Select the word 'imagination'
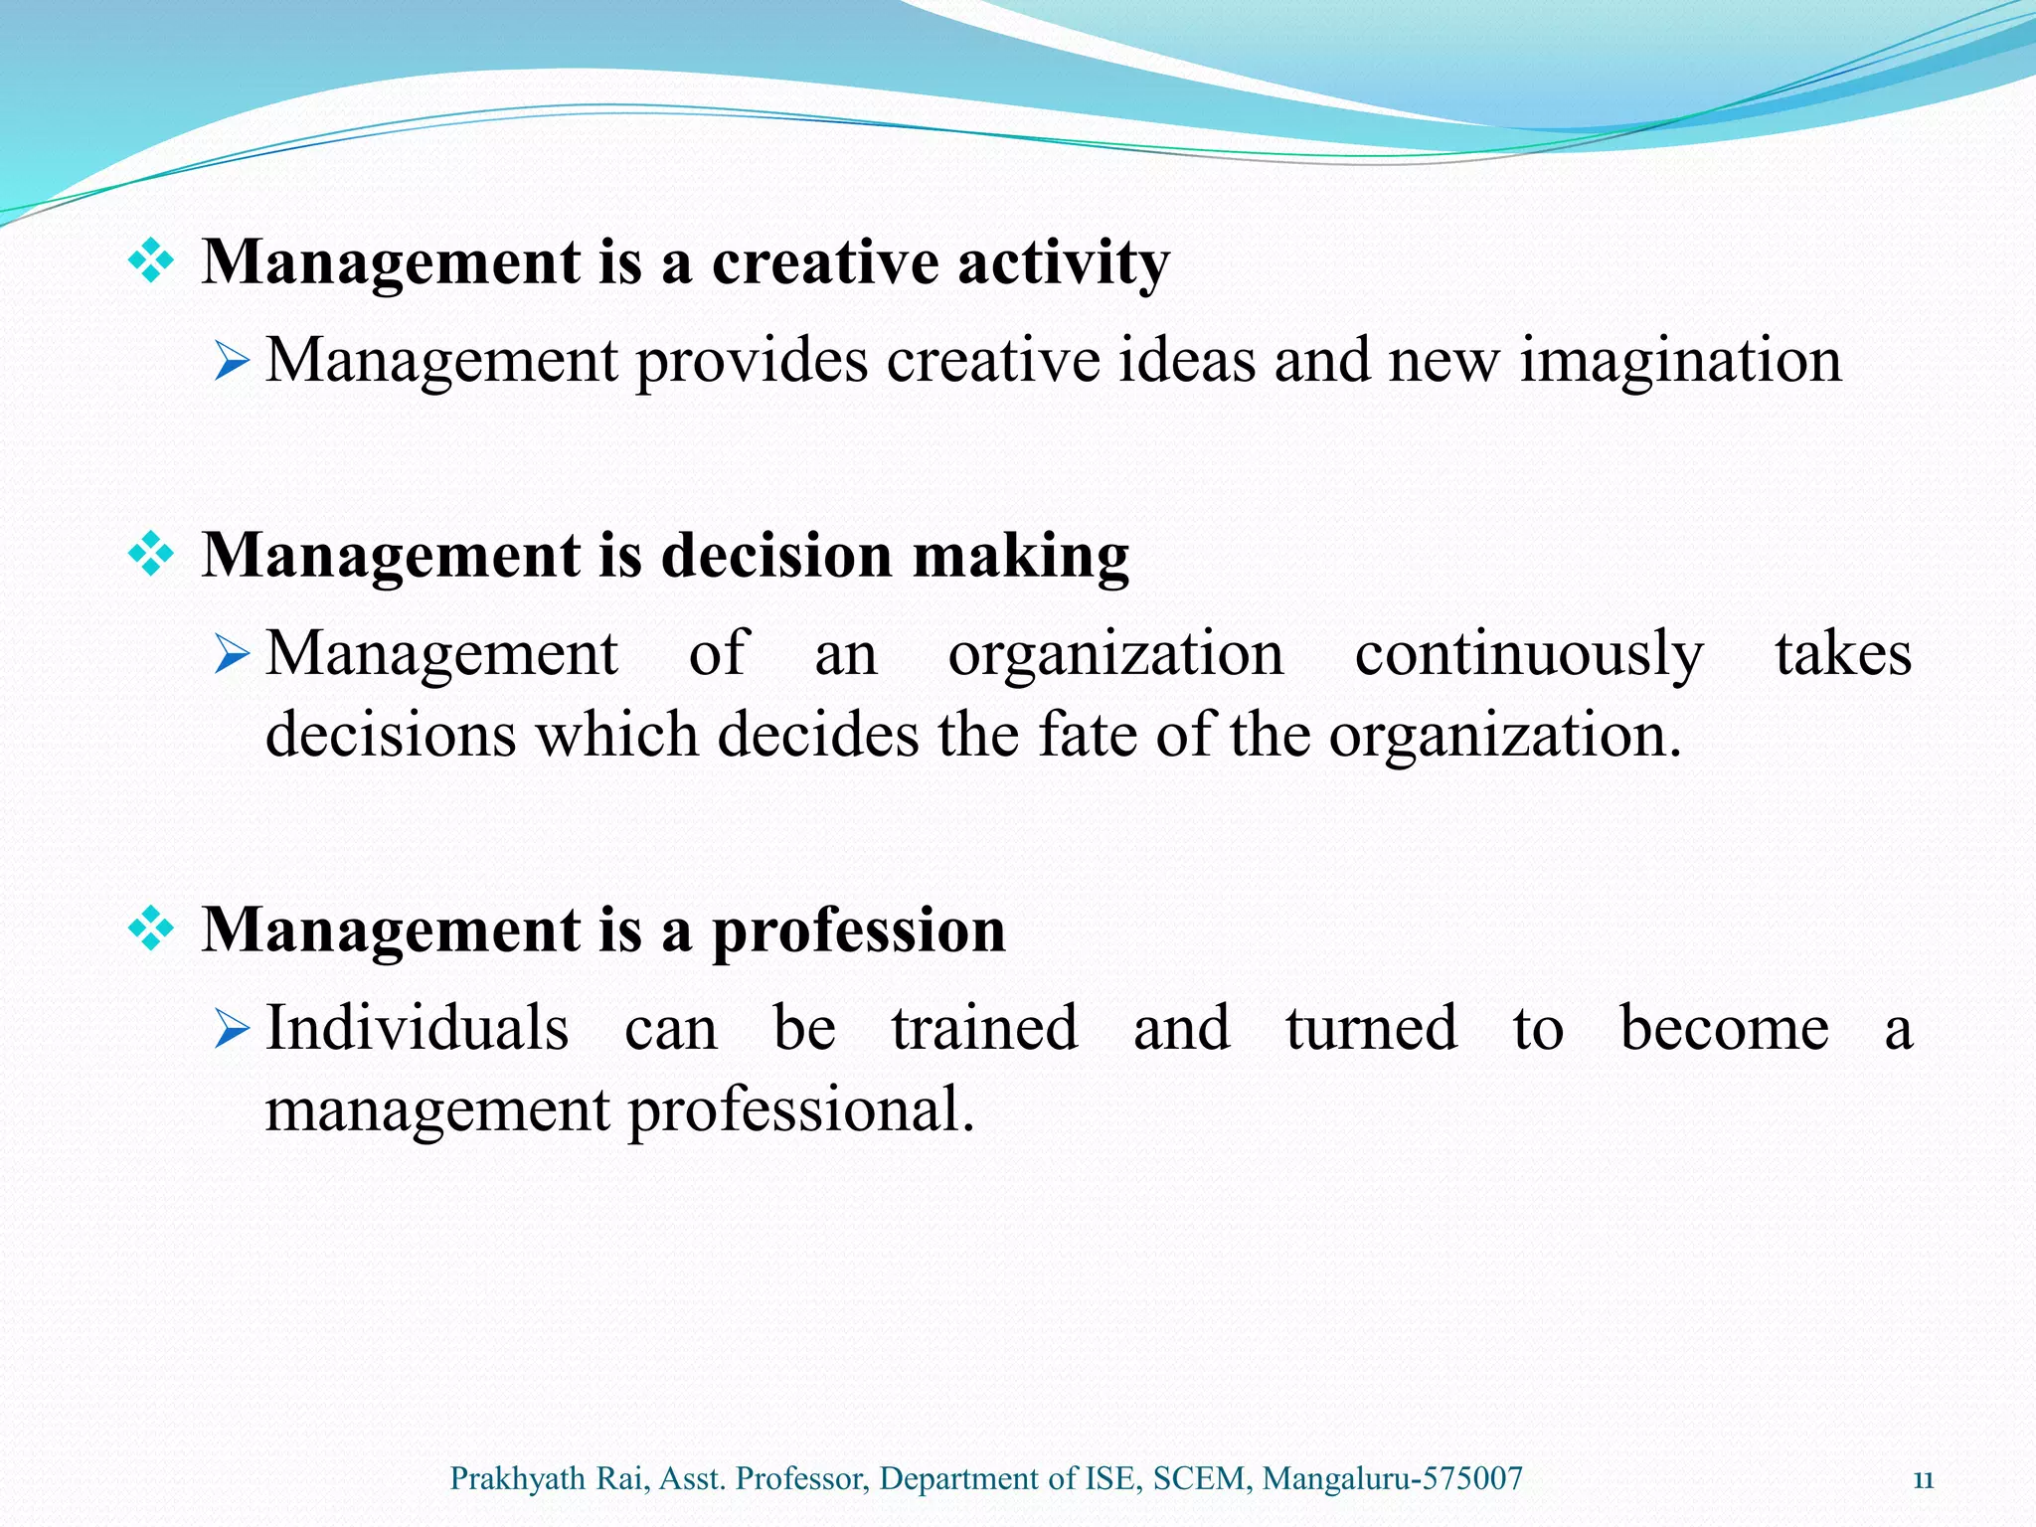[1680, 362]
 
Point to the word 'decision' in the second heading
[776, 555]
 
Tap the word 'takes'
[1843, 655]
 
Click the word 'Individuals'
[418, 1028]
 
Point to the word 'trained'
[984, 1028]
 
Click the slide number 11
[1923, 1480]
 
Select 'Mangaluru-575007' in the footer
[1392, 1479]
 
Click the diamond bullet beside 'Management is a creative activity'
[151, 262]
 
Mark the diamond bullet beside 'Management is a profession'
[151, 931]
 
